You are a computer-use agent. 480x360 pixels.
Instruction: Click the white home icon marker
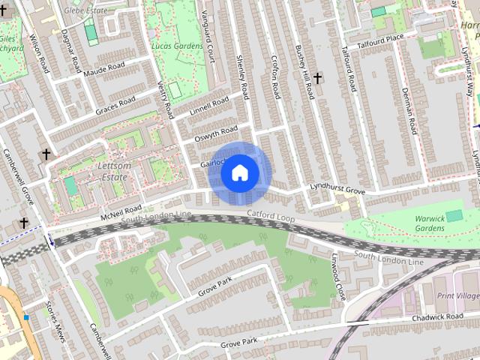(240, 173)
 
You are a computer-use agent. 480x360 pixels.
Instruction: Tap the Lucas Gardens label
(178, 46)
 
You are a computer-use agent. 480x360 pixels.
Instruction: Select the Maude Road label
(103, 70)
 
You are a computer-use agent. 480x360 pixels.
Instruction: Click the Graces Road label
(114, 106)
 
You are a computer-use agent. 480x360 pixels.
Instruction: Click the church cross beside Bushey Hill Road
(318, 77)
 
